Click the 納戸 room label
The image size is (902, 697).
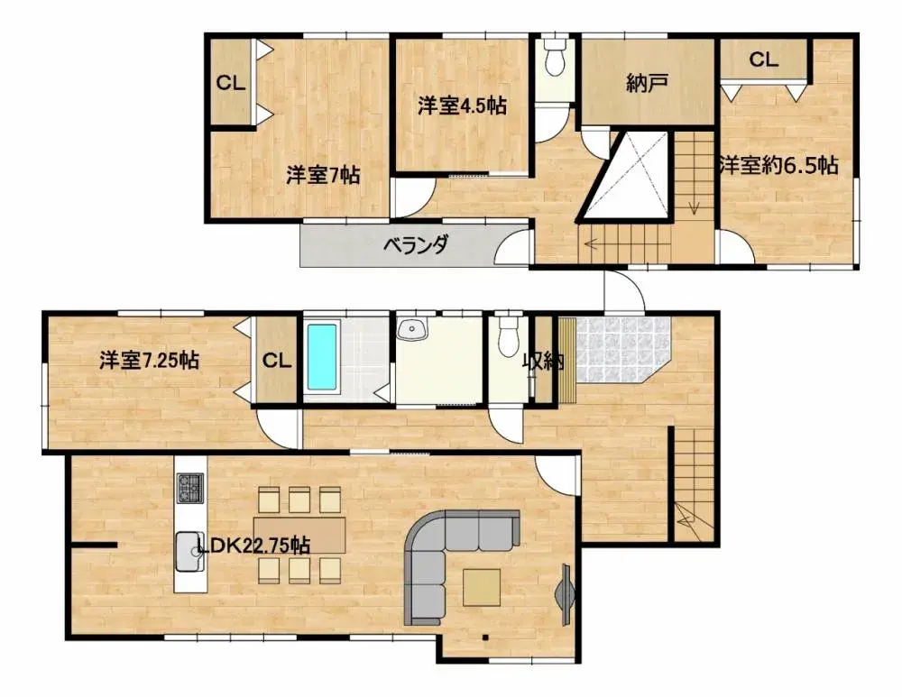pyautogui.click(x=646, y=84)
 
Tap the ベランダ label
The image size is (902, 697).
pyautogui.click(x=416, y=244)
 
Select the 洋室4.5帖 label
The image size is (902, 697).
pyautogui.click(x=461, y=106)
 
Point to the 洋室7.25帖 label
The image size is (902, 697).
pyautogui.click(x=149, y=361)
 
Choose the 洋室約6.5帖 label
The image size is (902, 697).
pyautogui.click(x=778, y=166)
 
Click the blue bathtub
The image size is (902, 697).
pyautogui.click(x=321, y=358)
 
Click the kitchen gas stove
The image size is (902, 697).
pyautogui.click(x=190, y=490)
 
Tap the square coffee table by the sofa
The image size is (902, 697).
pyautogui.click(x=483, y=588)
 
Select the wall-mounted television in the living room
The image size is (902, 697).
pyautogui.click(x=566, y=594)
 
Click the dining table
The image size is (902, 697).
pyautogui.click(x=299, y=534)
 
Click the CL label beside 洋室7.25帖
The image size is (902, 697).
pyautogui.click(x=277, y=361)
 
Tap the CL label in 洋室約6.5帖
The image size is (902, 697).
pyautogui.click(x=763, y=60)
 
